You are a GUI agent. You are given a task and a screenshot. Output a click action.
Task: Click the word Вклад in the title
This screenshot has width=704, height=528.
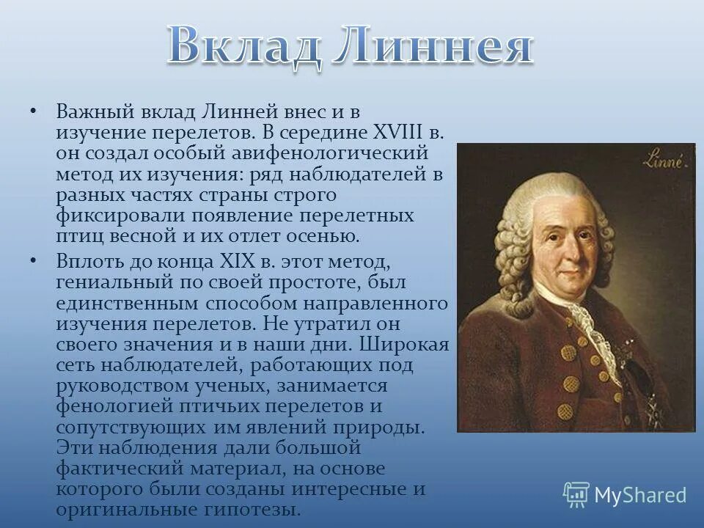point(241,46)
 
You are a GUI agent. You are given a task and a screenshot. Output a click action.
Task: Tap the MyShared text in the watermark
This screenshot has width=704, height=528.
point(640,496)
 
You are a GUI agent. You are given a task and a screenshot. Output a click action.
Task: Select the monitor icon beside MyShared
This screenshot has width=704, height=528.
point(576,495)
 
